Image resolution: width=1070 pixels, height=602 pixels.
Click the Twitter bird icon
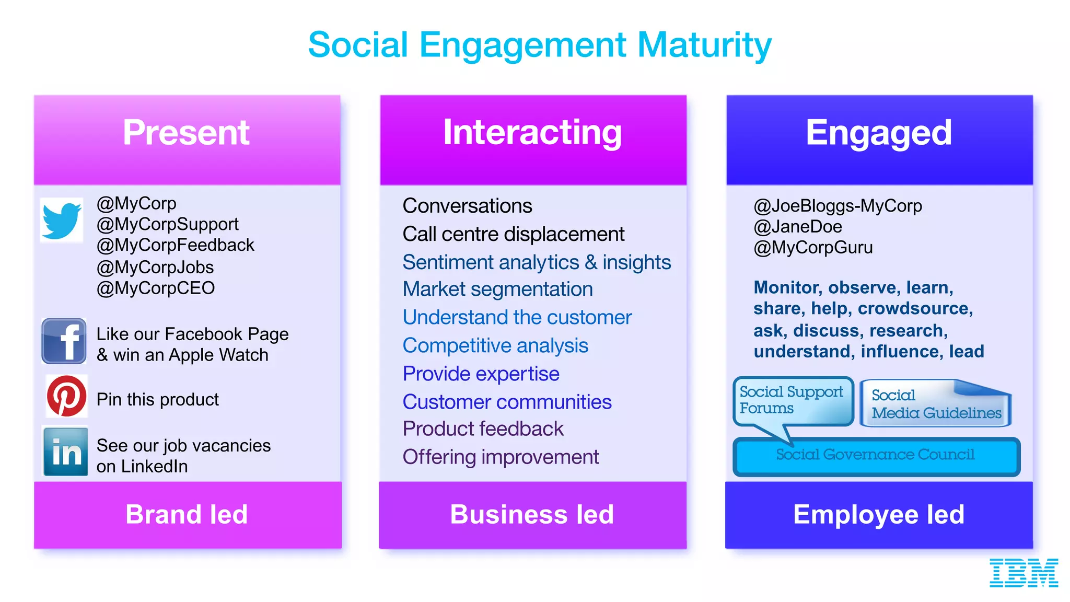pyautogui.click(x=62, y=220)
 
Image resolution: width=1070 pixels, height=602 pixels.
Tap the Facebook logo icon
pyautogui.click(x=64, y=341)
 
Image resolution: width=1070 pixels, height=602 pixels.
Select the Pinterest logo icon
pyautogui.click(x=66, y=396)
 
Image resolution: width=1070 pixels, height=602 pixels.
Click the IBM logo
pyautogui.click(x=1024, y=572)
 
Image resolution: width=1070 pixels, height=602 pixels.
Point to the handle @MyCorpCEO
pyautogui.click(x=156, y=288)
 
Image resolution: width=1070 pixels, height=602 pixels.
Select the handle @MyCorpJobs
pyautogui.click(x=155, y=267)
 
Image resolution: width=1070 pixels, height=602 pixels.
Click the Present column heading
pyautogui.click(x=187, y=133)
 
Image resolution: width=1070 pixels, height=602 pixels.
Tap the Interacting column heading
pyautogui.click(x=532, y=133)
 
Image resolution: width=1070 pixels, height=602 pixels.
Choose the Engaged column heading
pyautogui.click(x=879, y=133)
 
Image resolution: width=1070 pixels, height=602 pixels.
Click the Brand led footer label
pyautogui.click(x=187, y=514)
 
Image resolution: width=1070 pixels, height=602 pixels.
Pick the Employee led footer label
pyautogui.click(x=879, y=514)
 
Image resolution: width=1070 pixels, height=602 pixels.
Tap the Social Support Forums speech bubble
pyautogui.click(x=792, y=400)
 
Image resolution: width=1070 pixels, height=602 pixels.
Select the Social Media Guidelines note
pyautogui.click(x=935, y=404)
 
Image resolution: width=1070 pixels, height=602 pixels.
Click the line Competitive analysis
pyautogui.click(x=495, y=345)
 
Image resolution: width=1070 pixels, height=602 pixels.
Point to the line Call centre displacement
pyautogui.click(x=513, y=234)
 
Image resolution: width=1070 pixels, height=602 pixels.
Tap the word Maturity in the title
pyautogui.click(x=704, y=45)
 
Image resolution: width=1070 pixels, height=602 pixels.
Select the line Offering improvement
pyautogui.click(x=501, y=457)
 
